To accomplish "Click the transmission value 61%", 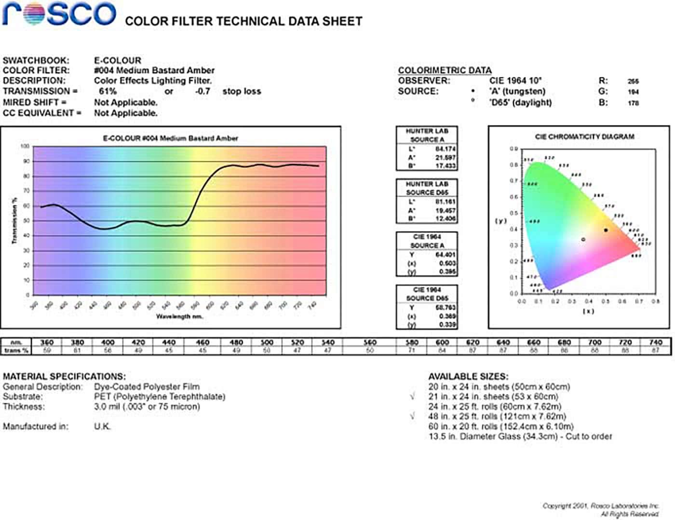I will tap(108, 91).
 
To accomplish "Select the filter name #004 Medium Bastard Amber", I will tap(154, 70).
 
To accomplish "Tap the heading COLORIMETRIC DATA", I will tap(445, 70).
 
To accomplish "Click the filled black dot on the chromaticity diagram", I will tap(606, 230).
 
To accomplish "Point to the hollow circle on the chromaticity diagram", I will tap(583, 239).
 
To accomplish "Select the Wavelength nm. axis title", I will tap(179, 316).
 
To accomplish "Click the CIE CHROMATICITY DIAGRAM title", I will tap(584, 137).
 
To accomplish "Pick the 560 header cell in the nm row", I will tap(370, 342).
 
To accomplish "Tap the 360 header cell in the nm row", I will tap(47, 342).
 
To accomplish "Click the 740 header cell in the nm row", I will tap(655, 342).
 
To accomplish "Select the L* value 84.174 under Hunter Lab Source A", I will tap(445, 149).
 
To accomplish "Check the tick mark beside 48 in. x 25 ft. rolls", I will tap(413, 416).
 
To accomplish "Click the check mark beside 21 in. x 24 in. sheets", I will tap(413, 397).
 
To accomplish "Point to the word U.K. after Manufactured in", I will tap(102, 426).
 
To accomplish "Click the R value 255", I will tap(633, 82).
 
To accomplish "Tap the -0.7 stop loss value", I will tap(202, 91).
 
